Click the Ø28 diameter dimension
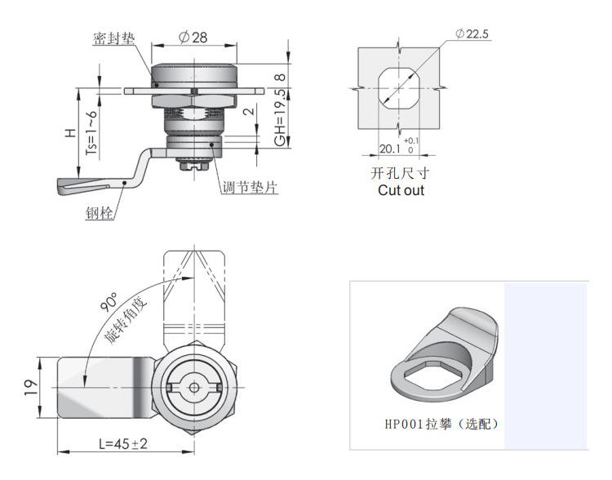point(193,38)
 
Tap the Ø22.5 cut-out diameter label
point(472,34)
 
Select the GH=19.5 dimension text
point(281,118)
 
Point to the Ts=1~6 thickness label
point(91,132)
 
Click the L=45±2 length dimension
point(123,444)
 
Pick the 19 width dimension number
point(31,387)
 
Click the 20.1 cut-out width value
point(390,149)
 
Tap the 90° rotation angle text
point(109,301)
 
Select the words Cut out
point(401,190)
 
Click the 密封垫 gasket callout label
point(114,38)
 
